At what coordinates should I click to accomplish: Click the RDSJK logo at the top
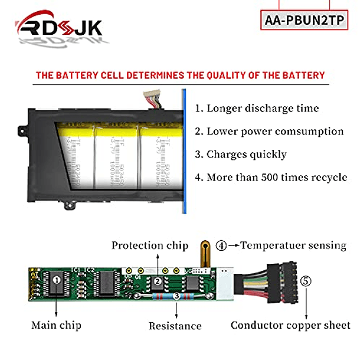coord(59,28)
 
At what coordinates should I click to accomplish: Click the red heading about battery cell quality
coord(180,76)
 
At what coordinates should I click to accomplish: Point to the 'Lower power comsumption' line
coord(275,132)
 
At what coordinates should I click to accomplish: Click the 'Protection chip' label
coord(150,246)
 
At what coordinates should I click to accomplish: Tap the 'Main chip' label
coord(56,325)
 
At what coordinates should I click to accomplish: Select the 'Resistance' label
coord(175,326)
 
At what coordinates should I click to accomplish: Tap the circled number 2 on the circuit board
coord(158,282)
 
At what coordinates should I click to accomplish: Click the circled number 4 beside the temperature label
coord(221,246)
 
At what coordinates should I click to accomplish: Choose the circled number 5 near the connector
coord(305,282)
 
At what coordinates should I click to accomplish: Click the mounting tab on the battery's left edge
coord(22,128)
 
